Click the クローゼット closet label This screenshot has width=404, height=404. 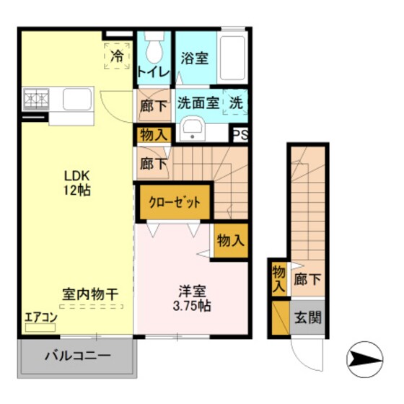coord(175,203)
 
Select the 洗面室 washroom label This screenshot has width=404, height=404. coord(198,103)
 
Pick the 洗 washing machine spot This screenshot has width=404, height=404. coord(235,103)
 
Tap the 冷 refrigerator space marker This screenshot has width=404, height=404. coord(116,54)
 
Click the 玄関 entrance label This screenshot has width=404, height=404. coord(306,317)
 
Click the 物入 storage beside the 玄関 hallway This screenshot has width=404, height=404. coord(278,278)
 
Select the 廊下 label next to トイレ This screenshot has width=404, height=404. coord(152,105)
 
